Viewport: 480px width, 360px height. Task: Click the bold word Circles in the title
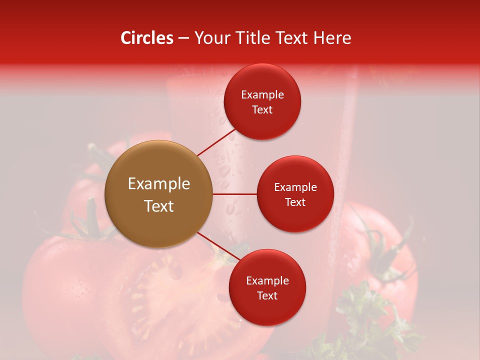tap(147, 38)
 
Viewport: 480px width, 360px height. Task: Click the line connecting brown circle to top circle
tap(216, 142)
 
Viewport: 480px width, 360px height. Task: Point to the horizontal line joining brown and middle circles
tap(235, 193)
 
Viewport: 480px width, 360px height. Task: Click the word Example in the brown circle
tap(159, 184)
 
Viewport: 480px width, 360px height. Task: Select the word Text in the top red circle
tap(262, 110)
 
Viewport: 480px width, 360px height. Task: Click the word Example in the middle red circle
tap(295, 187)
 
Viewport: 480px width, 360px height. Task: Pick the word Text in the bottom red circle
tap(267, 296)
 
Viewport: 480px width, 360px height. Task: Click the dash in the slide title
tap(183, 38)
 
